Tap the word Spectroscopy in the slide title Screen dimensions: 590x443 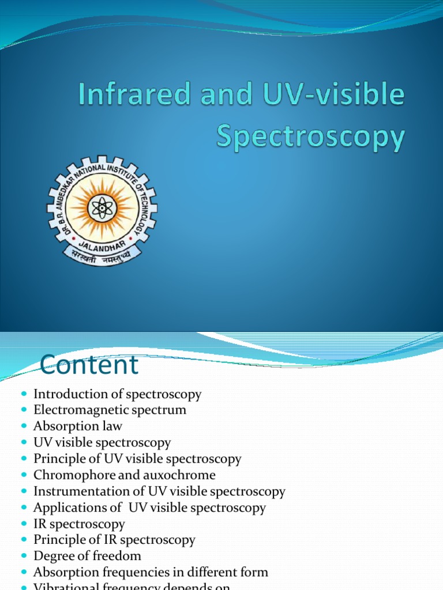click(310, 138)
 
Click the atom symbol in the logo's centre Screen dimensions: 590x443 click(103, 207)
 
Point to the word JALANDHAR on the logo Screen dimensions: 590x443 click(103, 241)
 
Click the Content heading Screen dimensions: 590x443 click(89, 365)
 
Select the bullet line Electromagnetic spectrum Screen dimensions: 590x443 click(110, 410)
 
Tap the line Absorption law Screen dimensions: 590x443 click(78, 426)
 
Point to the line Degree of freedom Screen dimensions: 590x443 click(87, 556)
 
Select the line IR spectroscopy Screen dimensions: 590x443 click(79, 524)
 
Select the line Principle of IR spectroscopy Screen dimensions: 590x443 click(114, 540)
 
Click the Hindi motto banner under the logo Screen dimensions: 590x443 click(102, 255)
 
